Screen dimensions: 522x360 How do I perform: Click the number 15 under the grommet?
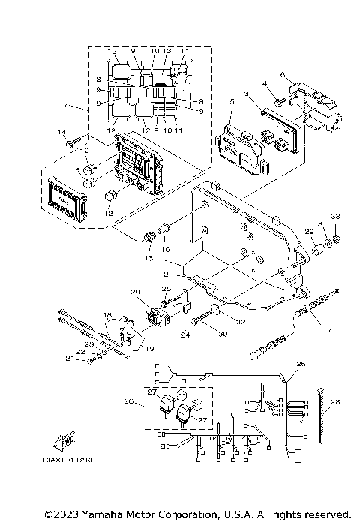pos(148,258)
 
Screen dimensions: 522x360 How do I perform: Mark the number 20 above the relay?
pos(136,291)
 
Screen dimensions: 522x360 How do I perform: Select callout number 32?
pos(241,322)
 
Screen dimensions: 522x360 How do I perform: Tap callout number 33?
pos(336,217)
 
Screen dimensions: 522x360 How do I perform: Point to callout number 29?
pos(307,232)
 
